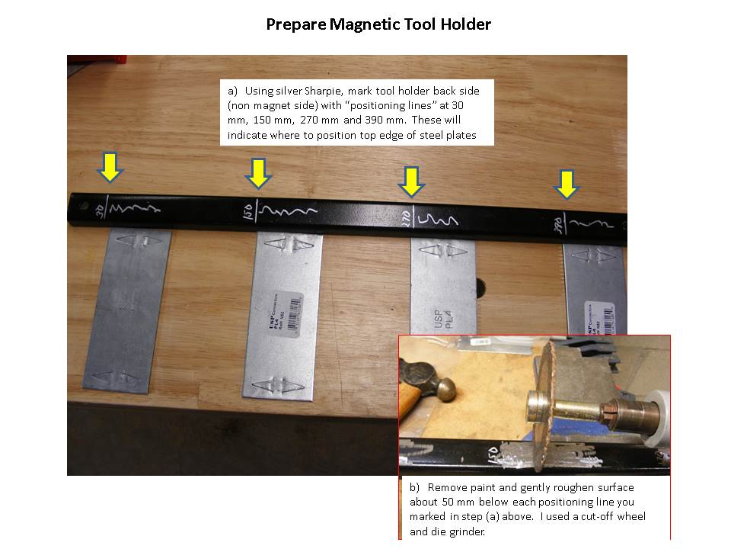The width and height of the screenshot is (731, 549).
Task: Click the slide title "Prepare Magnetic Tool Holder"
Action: (378, 24)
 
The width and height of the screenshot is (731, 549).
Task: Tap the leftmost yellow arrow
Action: (110, 167)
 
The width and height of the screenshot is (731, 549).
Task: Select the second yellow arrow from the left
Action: (259, 173)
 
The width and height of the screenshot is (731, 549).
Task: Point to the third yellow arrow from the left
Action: (412, 181)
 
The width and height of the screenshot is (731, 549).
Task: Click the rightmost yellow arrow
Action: (565, 184)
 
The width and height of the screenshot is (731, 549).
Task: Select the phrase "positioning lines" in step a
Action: (374, 105)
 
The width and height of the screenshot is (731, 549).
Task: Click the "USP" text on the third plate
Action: (437, 313)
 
